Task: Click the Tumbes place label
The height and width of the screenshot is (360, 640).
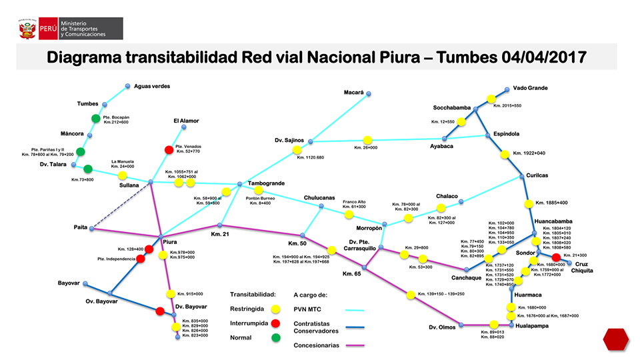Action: coord(87,104)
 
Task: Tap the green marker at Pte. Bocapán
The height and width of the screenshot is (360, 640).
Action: coord(96,119)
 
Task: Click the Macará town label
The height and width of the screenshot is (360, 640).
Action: coord(353,92)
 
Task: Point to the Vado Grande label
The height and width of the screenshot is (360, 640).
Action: coord(530,88)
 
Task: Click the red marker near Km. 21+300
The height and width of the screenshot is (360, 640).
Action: coord(556,258)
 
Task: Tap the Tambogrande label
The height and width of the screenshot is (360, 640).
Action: coord(266,183)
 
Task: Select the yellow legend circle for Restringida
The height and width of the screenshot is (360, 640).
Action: coord(276,309)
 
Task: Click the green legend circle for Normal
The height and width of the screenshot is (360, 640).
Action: coord(276,337)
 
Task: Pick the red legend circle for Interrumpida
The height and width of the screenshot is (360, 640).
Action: coord(276,323)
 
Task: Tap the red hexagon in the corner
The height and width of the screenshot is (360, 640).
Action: coord(615,339)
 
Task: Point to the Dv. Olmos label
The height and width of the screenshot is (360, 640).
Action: coord(442,327)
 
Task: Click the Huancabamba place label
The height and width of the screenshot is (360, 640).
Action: coord(553,221)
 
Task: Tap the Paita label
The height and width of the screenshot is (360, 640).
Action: coord(81,227)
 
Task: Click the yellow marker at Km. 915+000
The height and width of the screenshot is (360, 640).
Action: coord(171,293)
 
